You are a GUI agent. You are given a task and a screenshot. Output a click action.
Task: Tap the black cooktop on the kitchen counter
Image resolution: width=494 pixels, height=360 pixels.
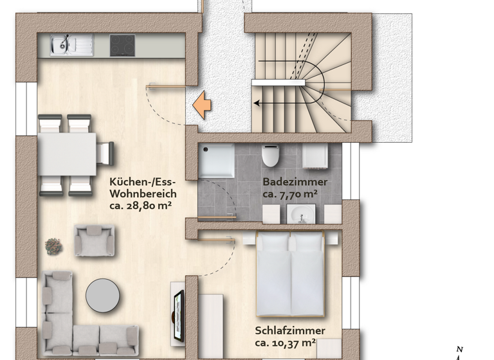[122, 45]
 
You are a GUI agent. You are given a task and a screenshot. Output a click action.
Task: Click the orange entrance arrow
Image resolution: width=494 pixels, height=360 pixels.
[203, 105]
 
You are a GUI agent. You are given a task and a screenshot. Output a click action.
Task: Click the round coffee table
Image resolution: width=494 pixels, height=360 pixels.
[103, 295]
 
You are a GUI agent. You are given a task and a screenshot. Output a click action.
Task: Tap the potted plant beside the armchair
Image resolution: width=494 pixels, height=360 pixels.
[53, 245]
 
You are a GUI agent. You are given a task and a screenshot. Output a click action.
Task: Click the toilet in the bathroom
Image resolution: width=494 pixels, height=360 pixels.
[271, 155]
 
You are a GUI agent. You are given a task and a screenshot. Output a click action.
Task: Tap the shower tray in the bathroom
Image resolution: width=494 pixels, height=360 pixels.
[216, 161]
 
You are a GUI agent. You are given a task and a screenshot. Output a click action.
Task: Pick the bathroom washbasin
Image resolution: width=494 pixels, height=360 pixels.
[301, 213]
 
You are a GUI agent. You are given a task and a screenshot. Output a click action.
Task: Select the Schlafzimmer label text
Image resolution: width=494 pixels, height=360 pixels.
[290, 331]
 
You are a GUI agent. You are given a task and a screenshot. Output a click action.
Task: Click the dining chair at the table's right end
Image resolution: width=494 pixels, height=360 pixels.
[105, 154]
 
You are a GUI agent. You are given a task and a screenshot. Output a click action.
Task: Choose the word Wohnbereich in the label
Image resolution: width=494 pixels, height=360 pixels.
[143, 194]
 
